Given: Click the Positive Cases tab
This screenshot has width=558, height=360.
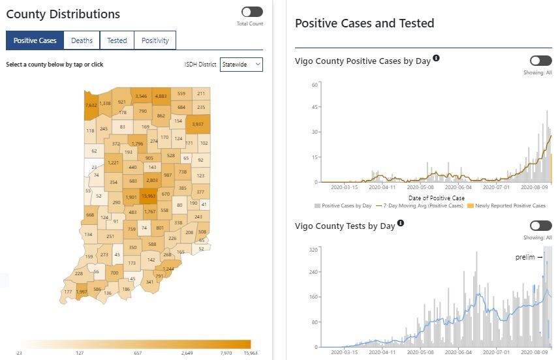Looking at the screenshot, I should click(x=35, y=40).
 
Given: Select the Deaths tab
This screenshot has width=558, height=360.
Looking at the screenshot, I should click(x=82, y=40).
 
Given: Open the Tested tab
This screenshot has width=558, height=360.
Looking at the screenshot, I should click(x=117, y=40).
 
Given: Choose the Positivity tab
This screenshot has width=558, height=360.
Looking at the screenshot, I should click(x=155, y=40).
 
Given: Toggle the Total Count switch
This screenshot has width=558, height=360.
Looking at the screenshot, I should click(x=251, y=12).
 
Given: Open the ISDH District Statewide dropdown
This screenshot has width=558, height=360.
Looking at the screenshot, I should click(x=241, y=64).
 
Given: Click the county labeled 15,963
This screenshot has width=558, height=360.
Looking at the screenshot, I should click(x=148, y=196).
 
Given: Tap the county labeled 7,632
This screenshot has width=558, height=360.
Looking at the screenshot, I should click(x=91, y=104).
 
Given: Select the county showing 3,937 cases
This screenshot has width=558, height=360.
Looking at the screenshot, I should click(x=198, y=124).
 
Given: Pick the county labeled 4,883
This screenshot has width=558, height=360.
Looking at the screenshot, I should click(x=161, y=97).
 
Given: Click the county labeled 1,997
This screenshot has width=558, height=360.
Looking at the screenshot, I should click(x=82, y=292).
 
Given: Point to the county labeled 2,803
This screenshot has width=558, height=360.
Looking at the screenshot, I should click(x=151, y=180).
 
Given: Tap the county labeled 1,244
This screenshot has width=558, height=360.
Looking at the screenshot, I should click(x=168, y=268).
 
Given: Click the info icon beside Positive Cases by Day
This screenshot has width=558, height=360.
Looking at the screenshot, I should click(x=436, y=58).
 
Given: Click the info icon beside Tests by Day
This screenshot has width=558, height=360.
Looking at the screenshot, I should click(x=401, y=223).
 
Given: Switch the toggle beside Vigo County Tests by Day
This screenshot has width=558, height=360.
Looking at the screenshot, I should click(x=540, y=226).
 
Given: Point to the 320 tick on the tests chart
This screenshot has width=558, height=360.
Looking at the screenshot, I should click(x=313, y=249).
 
